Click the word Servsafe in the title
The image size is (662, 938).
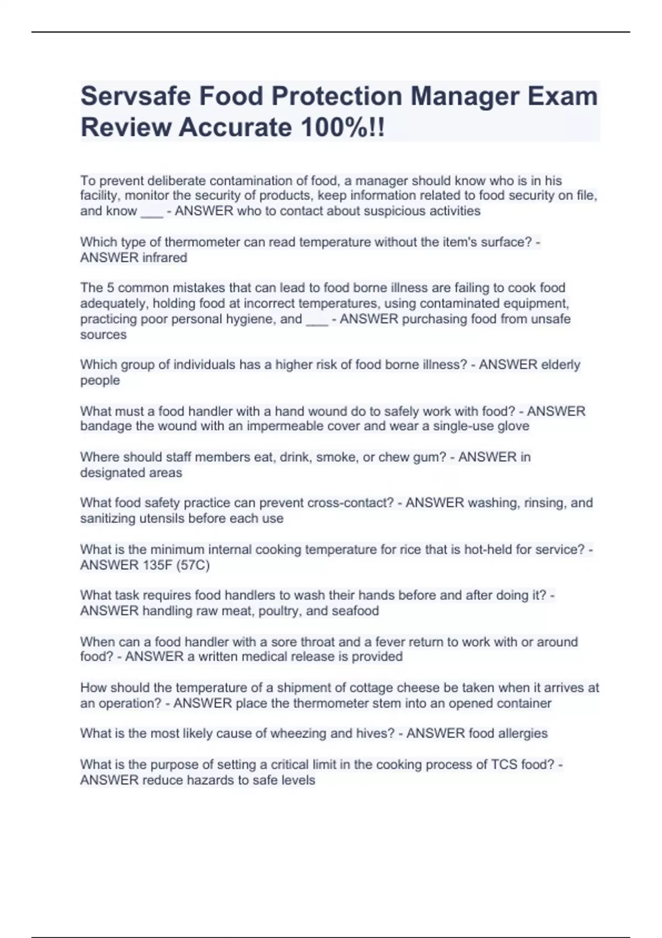pos(136,96)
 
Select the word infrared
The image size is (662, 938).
pos(164,258)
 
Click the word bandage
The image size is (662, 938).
pos(106,426)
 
